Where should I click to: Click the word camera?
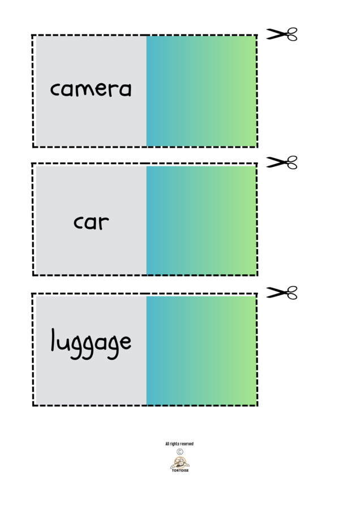coord(91,89)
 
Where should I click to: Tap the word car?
coord(91,222)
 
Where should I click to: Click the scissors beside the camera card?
coord(282,34)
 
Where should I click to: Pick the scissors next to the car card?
coord(282,163)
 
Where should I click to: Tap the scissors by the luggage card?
coord(282,292)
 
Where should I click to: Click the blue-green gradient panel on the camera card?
coord(201,91)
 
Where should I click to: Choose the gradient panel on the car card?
coord(201,221)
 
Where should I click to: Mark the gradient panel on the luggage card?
coord(201,351)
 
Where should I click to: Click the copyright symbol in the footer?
coord(180,452)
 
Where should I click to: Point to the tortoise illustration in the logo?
coord(180,462)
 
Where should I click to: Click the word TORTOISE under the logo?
coord(180,471)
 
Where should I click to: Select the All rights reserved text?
coord(179,444)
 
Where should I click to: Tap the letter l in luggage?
coord(54,339)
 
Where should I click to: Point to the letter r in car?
coord(103,223)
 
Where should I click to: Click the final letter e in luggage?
coord(125,342)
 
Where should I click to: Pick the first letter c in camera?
coord(55,90)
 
